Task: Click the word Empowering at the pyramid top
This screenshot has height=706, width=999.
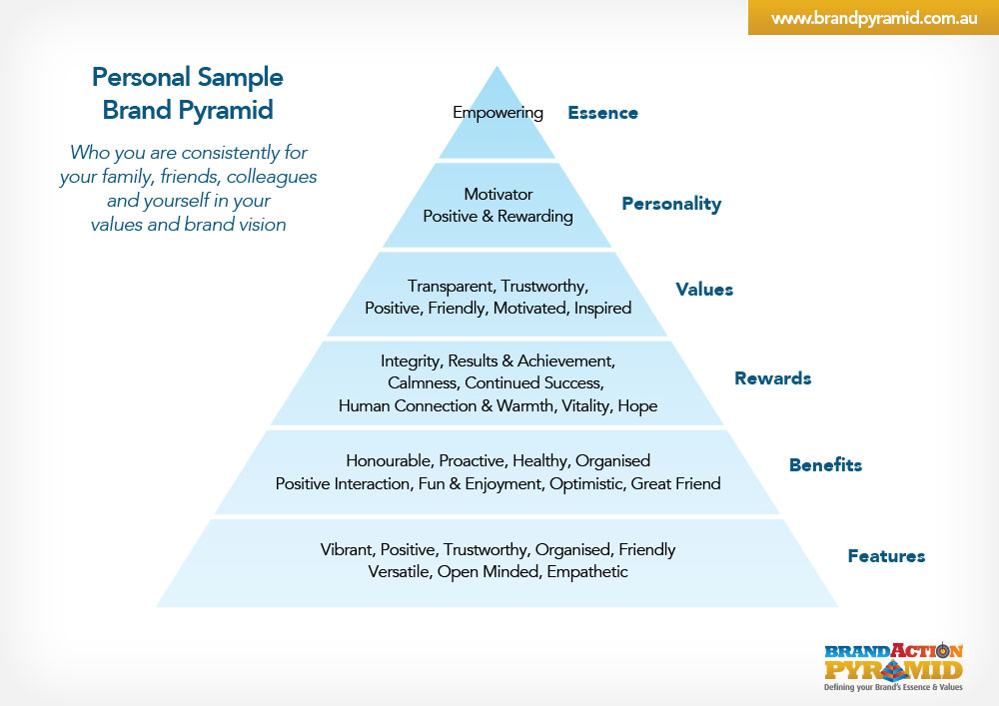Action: coord(498,113)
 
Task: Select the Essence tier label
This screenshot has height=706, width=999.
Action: coord(602,113)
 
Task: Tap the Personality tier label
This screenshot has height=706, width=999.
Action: coord(671,204)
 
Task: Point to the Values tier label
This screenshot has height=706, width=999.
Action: coord(704,290)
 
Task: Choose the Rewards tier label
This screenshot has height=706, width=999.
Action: coord(772,378)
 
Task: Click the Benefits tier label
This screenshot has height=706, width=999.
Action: coord(825,464)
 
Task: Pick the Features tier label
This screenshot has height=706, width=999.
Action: coord(886,556)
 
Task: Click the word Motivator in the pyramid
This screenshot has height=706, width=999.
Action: coord(498,194)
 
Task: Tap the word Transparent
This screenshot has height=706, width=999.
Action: coord(451,286)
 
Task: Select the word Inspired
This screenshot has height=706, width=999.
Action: coord(602,308)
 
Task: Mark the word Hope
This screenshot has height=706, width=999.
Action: coord(637,405)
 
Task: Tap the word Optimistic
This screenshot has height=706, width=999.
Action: coord(590,483)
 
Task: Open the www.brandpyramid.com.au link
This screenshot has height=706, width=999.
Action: coord(873,18)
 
